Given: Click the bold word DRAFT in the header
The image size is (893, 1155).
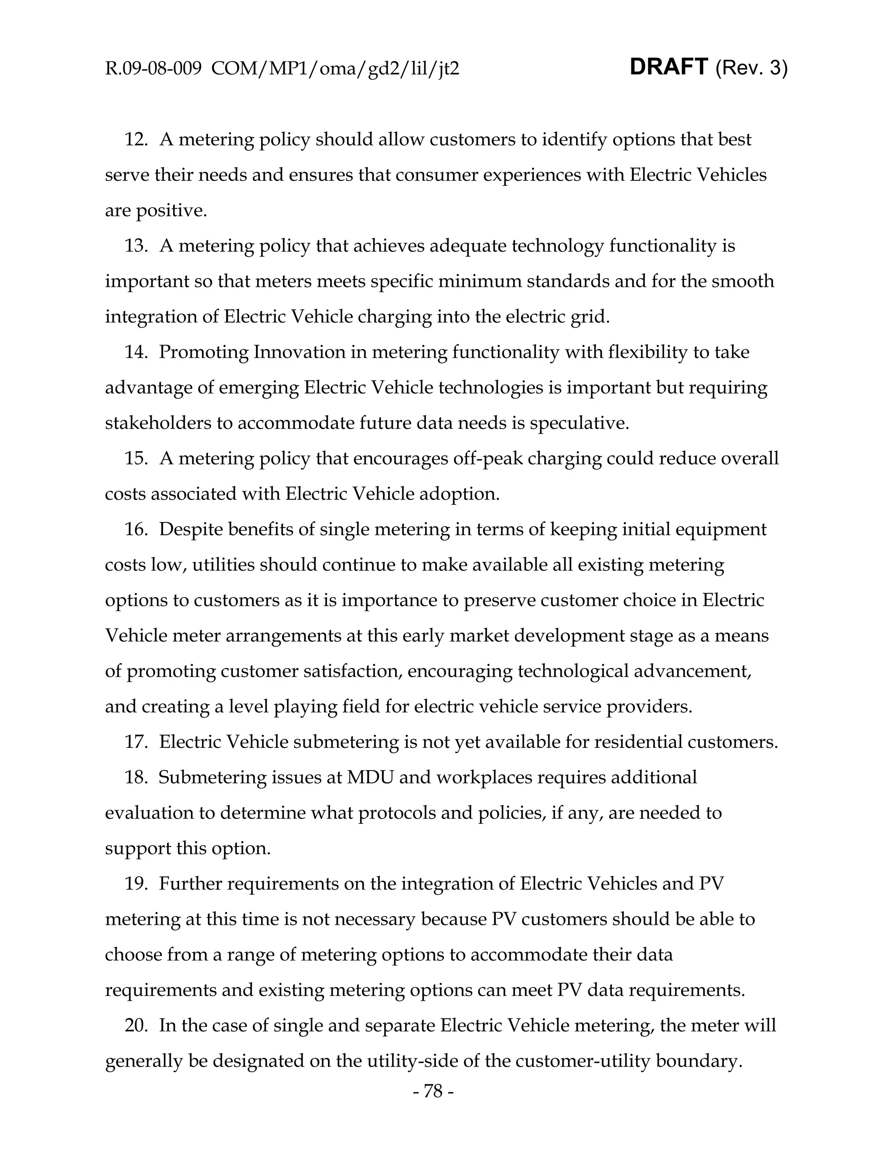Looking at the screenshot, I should pos(669,67).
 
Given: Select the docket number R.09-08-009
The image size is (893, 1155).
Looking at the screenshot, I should pos(153,69).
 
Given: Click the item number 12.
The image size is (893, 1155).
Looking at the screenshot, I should pos(136,139).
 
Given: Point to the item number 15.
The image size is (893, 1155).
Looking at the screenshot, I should pos(136,459).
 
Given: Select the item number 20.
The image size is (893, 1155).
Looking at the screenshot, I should pos(136,1026).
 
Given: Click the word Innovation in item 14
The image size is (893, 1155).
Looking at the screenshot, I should pos(300,352).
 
